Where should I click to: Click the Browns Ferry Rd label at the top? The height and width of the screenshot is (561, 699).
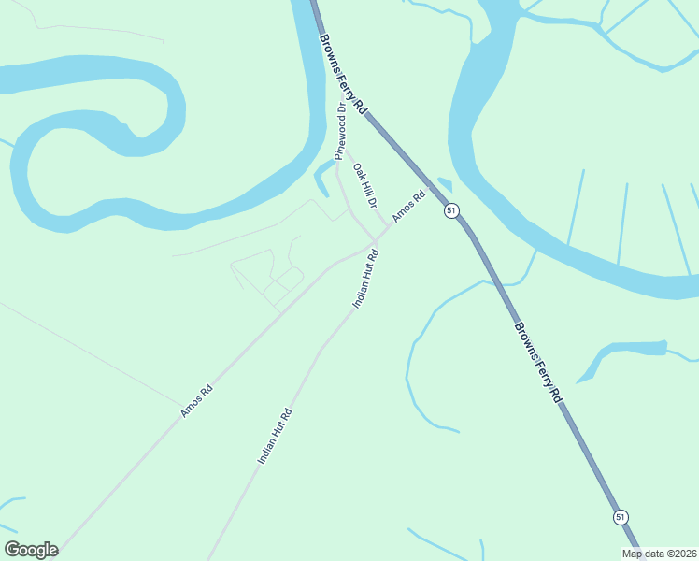click(344, 76)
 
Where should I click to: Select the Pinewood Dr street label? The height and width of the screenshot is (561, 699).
click(341, 130)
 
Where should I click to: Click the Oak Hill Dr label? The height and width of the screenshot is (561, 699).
click(364, 185)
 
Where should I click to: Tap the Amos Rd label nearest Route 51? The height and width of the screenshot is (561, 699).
click(408, 207)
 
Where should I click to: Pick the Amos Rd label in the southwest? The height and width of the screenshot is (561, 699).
click(197, 401)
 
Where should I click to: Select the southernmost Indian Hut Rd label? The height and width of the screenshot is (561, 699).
click(275, 437)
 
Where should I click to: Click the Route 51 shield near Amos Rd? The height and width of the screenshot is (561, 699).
click(451, 210)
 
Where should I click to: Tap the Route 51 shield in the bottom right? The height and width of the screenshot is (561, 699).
click(621, 516)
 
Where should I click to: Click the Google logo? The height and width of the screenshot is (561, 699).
click(31, 550)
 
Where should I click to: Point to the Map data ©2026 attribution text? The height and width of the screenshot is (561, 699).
click(659, 553)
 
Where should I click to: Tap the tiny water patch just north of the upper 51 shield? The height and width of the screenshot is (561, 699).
click(445, 184)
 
